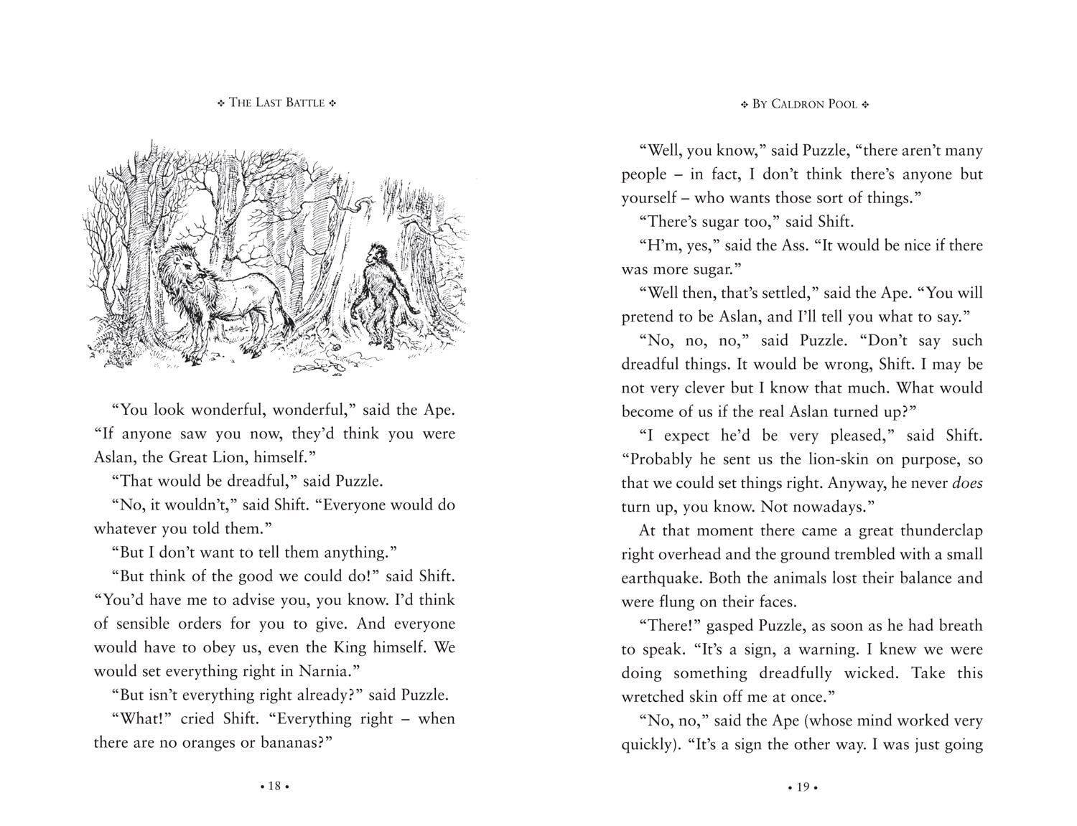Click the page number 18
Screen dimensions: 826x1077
click(274, 787)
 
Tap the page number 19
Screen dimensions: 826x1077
click(803, 787)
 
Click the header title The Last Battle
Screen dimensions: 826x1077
click(276, 103)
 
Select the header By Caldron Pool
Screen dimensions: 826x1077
click(805, 104)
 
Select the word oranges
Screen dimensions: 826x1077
click(208, 742)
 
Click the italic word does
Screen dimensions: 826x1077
click(967, 483)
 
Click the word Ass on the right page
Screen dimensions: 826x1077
click(794, 245)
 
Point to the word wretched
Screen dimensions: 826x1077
click(653, 697)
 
